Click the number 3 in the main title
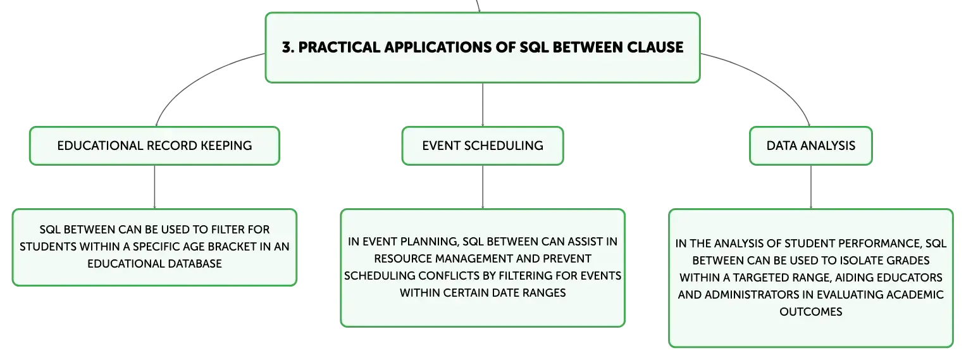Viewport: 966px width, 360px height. [287, 47]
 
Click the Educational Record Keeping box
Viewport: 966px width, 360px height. [154, 146]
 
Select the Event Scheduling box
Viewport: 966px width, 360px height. [483, 146]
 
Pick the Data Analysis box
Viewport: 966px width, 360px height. [811, 146]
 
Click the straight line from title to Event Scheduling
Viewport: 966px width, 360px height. [483, 104]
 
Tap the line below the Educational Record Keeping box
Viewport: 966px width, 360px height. [154, 187]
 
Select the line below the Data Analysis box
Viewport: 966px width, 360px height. [811, 187]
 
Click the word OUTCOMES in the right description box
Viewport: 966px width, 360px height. [811, 312]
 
